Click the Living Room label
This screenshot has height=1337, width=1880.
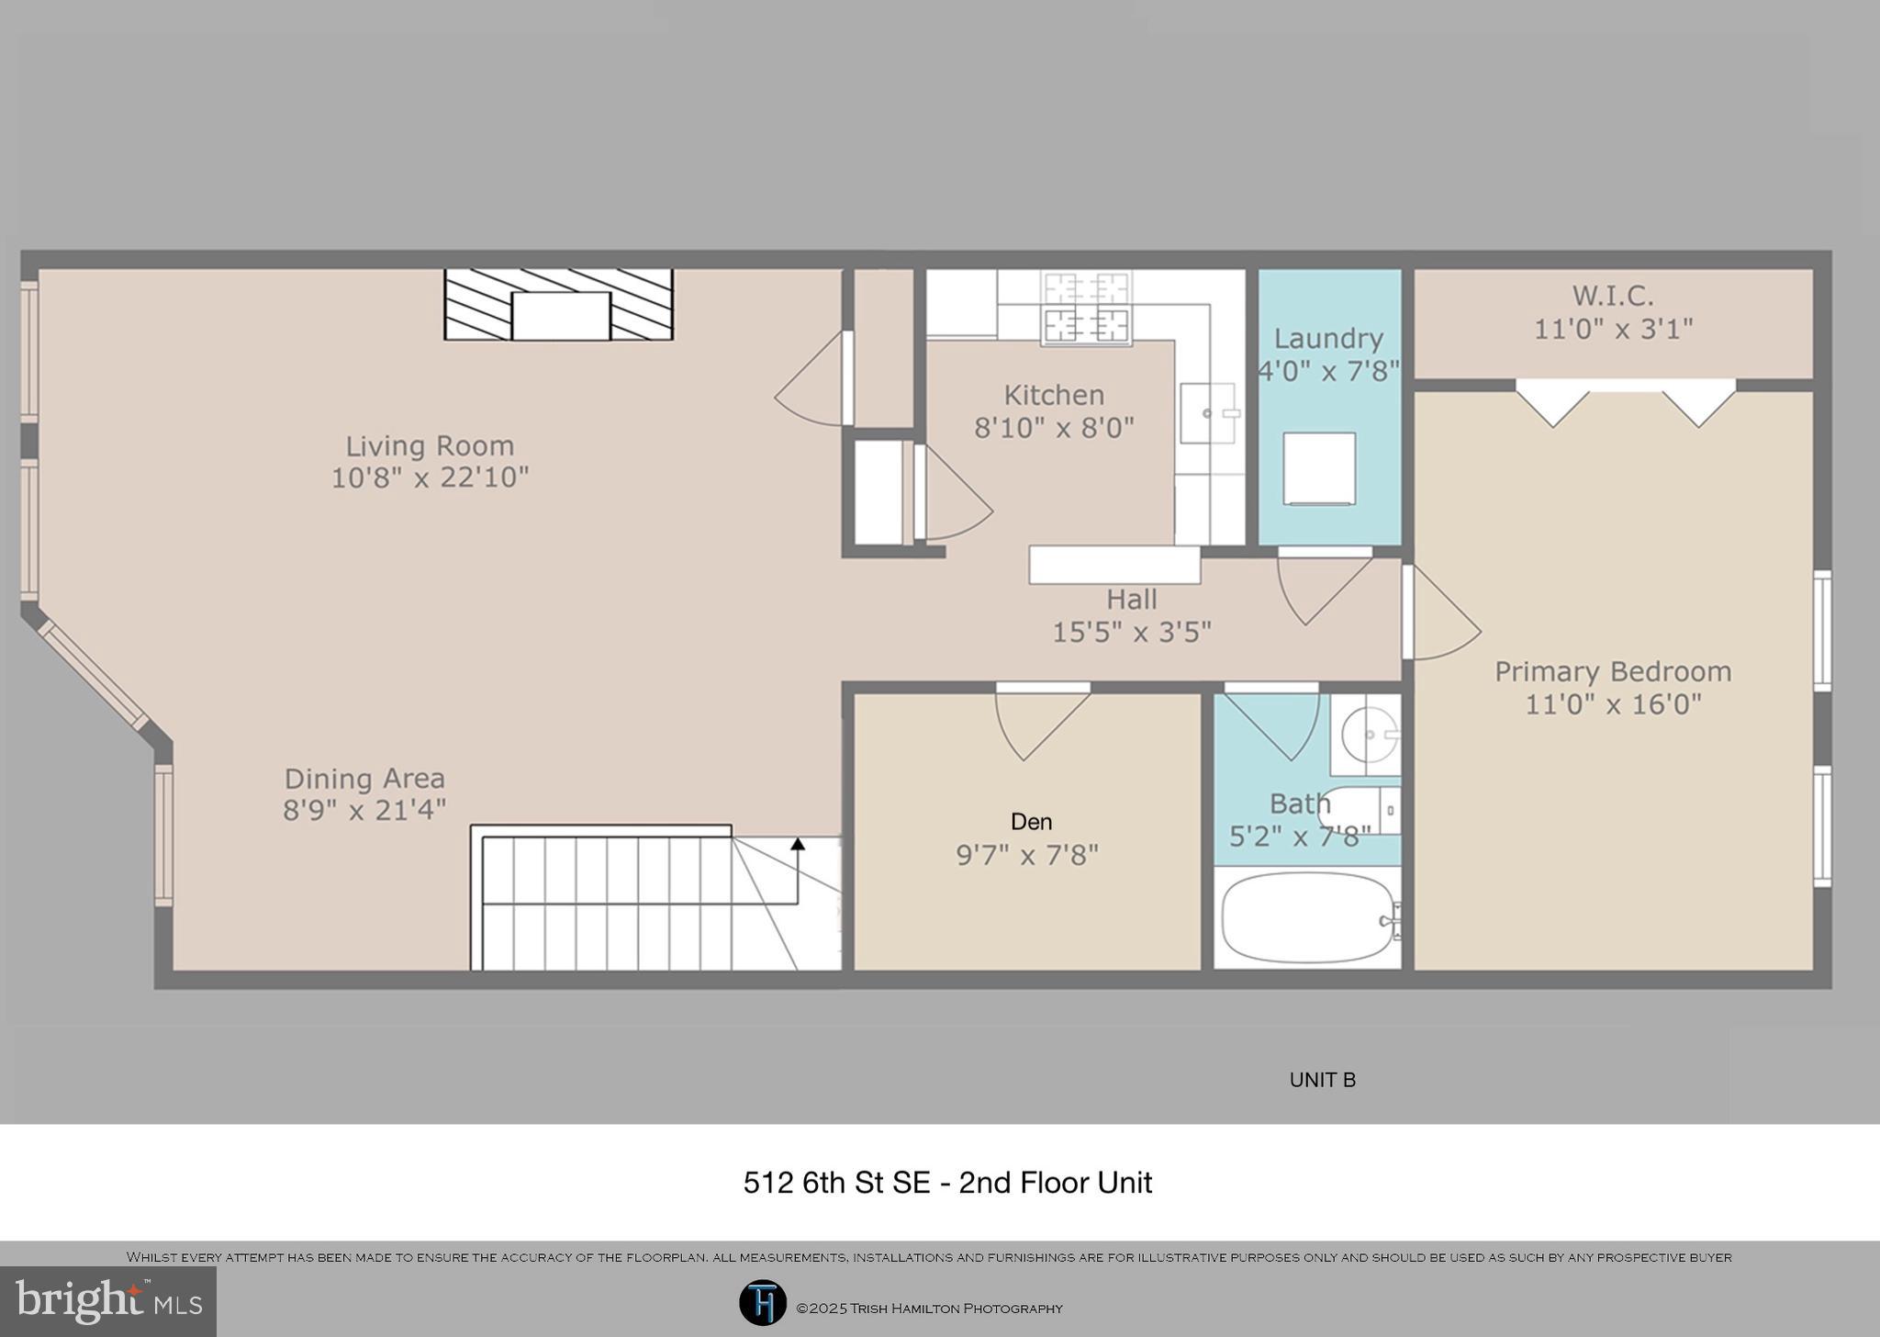click(429, 446)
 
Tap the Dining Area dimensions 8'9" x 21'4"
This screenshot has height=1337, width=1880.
click(364, 810)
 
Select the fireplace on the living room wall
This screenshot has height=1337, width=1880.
click(559, 305)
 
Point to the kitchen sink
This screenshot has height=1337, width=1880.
click(1207, 413)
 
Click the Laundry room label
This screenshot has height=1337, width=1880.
click(1328, 339)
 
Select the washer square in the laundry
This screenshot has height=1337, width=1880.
click(1319, 468)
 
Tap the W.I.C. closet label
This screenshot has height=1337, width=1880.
click(1613, 296)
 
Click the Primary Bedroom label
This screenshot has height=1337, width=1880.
click(1613, 671)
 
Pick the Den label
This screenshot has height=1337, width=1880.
click(1031, 822)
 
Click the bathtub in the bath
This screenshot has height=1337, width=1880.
click(1306, 917)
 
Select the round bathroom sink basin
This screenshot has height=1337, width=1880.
click(1368, 735)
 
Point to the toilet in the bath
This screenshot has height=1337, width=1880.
click(1359, 810)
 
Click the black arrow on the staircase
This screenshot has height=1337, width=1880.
click(798, 844)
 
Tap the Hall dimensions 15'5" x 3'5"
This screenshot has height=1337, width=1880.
click(1131, 632)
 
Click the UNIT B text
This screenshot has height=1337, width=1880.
click(1322, 1080)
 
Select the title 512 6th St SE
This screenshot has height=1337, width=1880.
click(946, 1183)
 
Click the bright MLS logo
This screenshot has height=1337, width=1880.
click(108, 1300)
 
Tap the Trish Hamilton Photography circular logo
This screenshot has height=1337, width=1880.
click(762, 1303)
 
